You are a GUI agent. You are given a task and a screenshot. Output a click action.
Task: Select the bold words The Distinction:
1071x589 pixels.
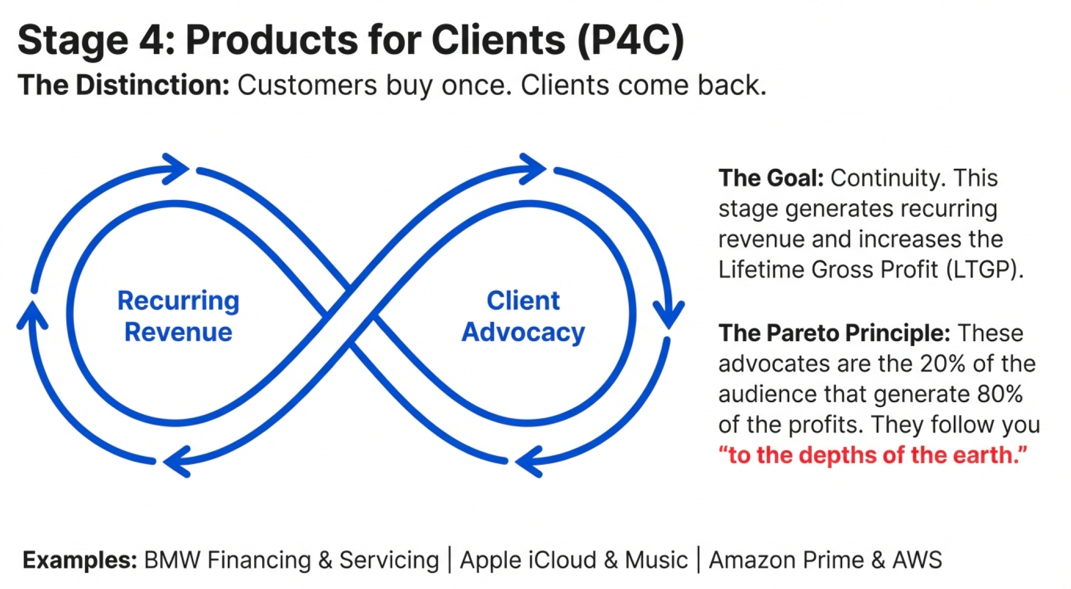coord(123,85)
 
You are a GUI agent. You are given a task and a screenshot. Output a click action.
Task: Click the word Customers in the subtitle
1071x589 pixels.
coord(307,85)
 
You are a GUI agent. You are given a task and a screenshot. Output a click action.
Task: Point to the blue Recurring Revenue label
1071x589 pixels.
coord(178,316)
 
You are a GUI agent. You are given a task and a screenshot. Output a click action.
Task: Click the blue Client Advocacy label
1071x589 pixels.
coord(523,316)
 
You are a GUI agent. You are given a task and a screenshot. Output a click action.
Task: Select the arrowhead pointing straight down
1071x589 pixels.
coord(669,315)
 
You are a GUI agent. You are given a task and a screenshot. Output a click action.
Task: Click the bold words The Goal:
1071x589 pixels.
coord(771,178)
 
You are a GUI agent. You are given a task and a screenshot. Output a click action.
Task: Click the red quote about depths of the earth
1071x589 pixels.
coord(873,455)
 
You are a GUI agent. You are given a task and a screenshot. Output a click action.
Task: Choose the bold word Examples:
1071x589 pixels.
coord(80,560)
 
